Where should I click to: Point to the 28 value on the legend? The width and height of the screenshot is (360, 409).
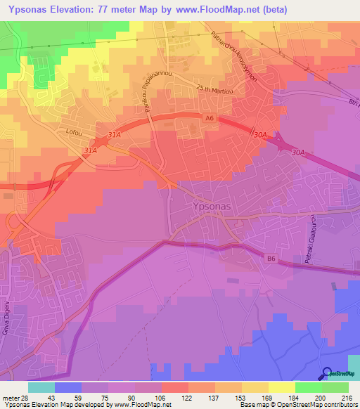pos(25,398)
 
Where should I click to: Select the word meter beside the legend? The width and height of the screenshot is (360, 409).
pos(11,398)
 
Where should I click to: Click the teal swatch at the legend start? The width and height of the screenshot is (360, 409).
pos(41,387)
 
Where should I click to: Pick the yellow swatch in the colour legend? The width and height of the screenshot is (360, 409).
pos(282,387)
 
